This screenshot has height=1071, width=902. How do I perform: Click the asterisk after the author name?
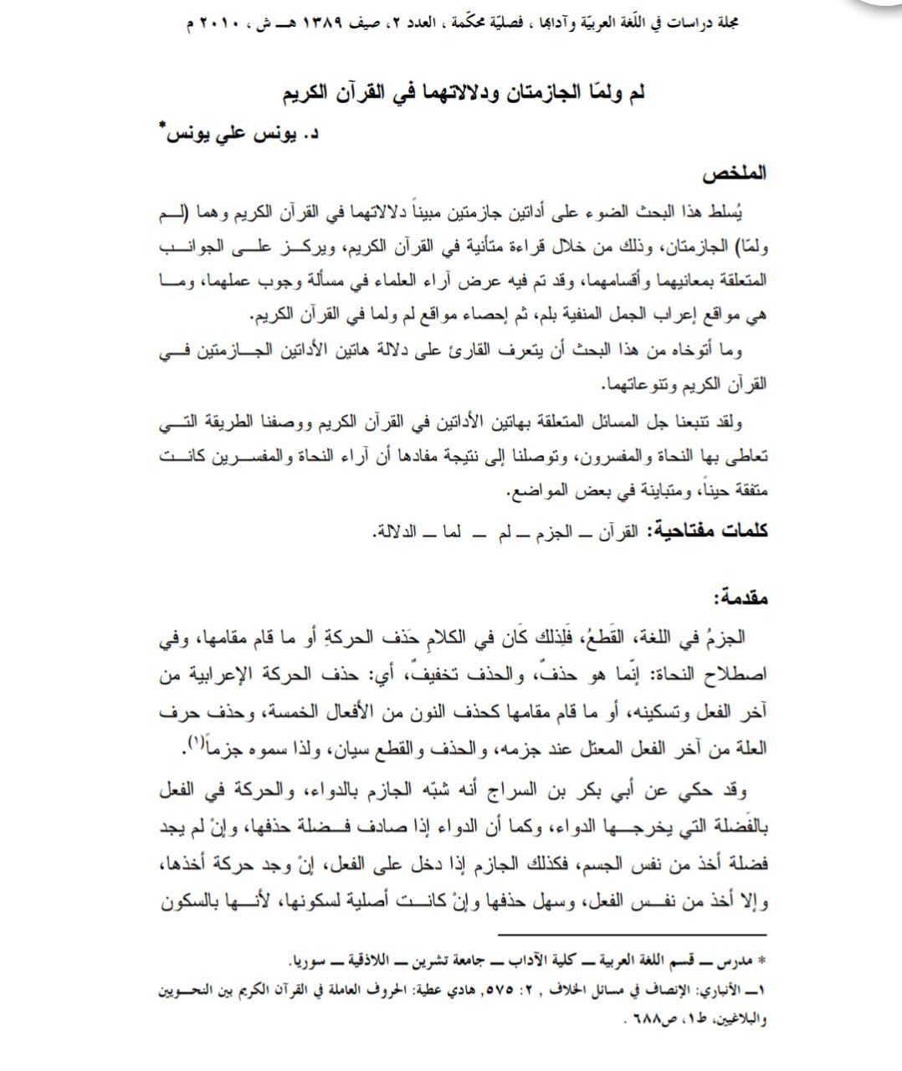tap(162, 126)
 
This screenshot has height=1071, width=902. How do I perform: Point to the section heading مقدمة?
tap(738, 597)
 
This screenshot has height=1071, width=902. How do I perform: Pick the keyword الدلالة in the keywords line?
tap(396, 530)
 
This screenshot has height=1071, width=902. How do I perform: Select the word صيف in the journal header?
tap(414, 23)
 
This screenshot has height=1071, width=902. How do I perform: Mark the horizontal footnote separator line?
tap(633, 935)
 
